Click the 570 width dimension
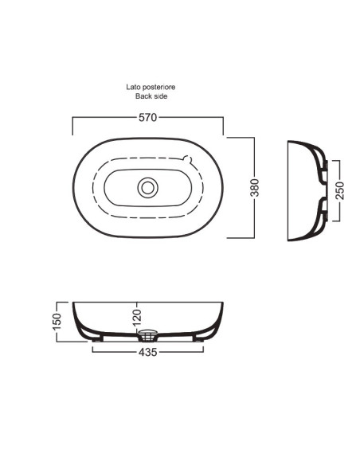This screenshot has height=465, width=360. tap(147, 117)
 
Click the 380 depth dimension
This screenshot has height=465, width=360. tap(254, 187)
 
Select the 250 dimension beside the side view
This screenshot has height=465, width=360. tap(340, 190)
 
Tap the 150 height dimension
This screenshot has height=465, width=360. tap(57, 321)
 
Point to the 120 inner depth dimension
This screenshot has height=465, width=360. tap(137, 316)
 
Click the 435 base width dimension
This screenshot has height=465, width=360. tap(147, 352)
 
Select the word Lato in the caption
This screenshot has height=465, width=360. tap(133, 87)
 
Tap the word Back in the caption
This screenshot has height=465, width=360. tap(143, 96)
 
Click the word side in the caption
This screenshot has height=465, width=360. tap(160, 96)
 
